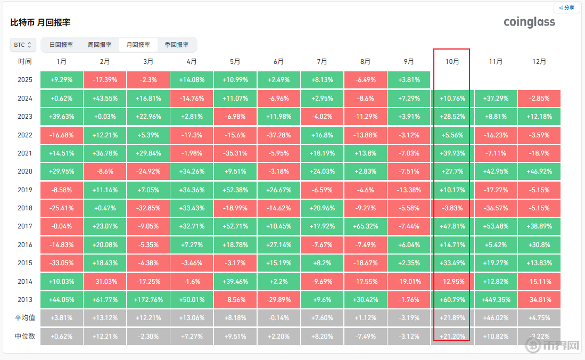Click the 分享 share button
(567, 8)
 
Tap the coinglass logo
(529, 22)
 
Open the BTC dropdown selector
(23, 45)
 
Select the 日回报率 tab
(61, 45)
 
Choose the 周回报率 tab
(100, 45)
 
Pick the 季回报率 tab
(177, 45)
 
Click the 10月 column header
(452, 62)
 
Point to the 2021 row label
(25, 153)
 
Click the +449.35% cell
(496, 299)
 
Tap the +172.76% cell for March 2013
(149, 299)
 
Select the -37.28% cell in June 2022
(279, 135)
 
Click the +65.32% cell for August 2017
(365, 226)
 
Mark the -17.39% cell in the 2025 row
(105, 80)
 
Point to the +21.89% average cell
(452, 318)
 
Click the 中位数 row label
(25, 336)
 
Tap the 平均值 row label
(25, 318)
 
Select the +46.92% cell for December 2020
(539, 171)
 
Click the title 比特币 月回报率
(40, 22)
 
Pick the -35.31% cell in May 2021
(235, 153)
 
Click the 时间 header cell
(25, 62)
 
